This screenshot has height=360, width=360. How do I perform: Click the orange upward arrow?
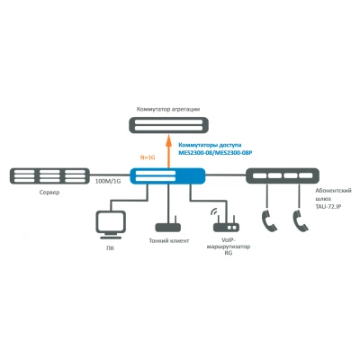tap(168, 151)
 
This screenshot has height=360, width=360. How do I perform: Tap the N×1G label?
tap(148, 157)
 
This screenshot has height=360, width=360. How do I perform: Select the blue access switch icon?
tap(167, 176)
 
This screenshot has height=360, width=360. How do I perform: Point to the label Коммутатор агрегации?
tap(168, 109)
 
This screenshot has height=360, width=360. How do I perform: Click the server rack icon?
tap(49, 175)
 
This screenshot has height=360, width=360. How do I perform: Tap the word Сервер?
tap(49, 193)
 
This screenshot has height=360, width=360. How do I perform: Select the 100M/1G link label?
tap(108, 181)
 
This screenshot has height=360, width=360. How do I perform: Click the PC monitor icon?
tap(111, 225)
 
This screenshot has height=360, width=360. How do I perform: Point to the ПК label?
tap(111, 248)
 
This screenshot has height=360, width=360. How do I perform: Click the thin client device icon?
tap(167, 226)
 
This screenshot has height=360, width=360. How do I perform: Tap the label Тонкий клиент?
tap(169, 240)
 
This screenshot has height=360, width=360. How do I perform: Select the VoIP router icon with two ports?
tap(226, 227)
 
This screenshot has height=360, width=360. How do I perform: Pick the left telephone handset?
tap(269, 220)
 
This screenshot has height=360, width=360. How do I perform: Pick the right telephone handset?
tap(301, 220)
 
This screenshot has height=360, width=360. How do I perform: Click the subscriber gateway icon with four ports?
tap(283, 175)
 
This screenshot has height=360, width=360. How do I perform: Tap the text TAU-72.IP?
tap(328, 207)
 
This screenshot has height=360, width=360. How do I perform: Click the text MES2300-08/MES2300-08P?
tap(215, 153)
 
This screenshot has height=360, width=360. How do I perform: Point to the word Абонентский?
tap(333, 191)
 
